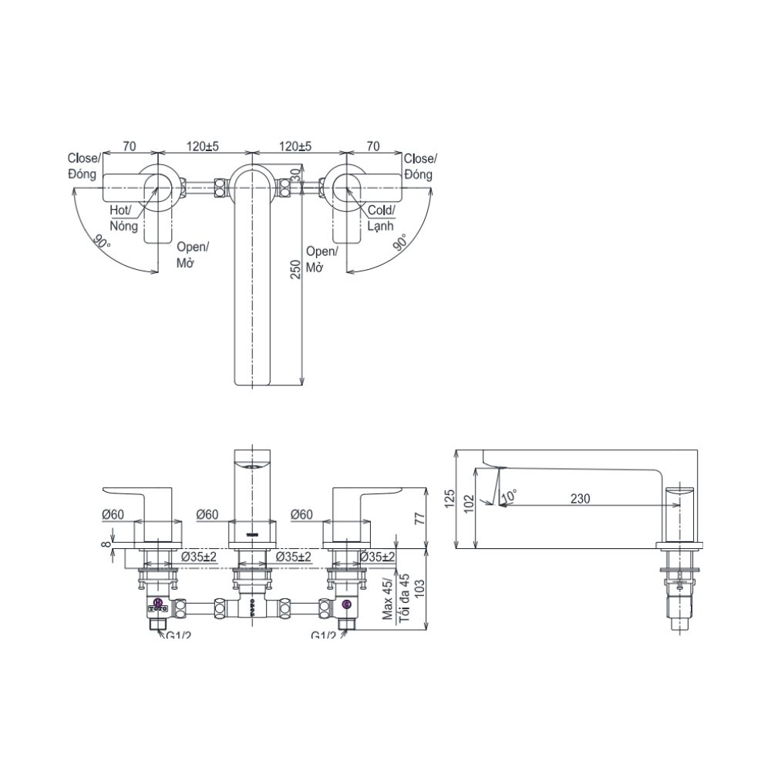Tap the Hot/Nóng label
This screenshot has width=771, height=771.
click(123, 219)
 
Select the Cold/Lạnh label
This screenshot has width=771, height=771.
click(381, 219)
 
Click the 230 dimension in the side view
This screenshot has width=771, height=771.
click(580, 499)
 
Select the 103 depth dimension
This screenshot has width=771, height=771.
click(419, 591)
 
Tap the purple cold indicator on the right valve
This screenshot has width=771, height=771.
click(346, 604)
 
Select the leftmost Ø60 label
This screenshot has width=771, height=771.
click(113, 513)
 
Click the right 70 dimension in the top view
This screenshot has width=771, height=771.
click(373, 146)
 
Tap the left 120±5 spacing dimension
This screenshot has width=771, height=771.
click(201, 146)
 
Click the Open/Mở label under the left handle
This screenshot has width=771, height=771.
click(193, 255)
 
